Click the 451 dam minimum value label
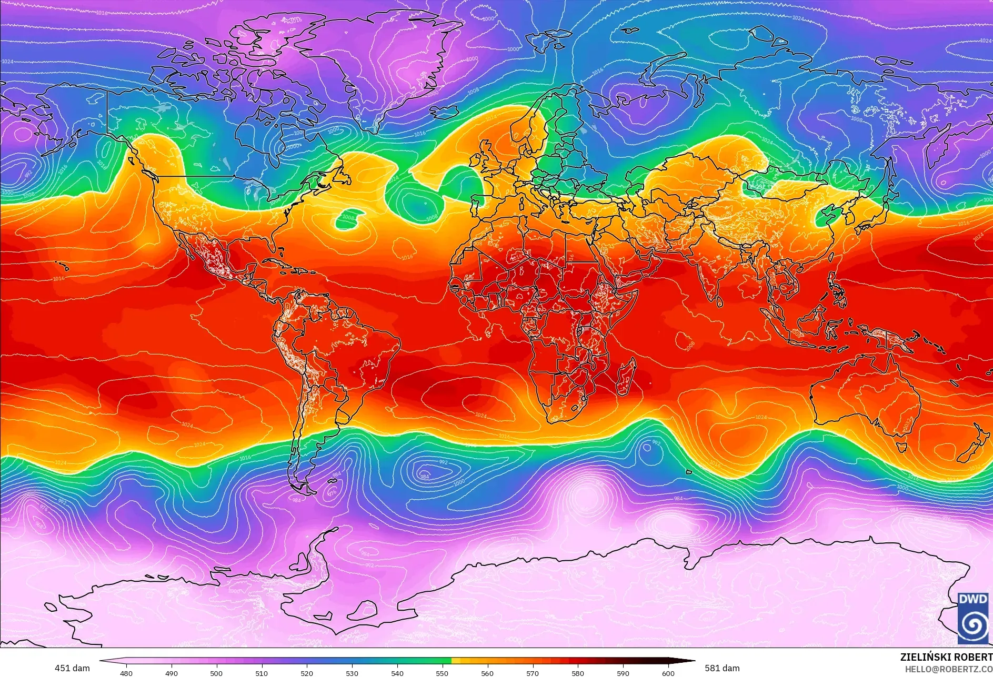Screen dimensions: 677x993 72,668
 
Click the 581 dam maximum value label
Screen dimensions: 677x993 722,668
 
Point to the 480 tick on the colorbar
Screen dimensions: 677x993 126,673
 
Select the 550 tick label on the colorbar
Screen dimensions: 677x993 442,673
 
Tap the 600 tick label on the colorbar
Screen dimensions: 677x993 668,673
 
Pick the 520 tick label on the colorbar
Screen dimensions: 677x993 307,673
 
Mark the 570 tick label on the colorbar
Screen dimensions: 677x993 533,673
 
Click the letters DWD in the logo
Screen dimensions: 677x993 972,599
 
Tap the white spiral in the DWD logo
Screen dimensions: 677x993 972,624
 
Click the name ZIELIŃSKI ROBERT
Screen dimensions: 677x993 946,657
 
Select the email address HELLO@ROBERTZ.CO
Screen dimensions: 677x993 948,669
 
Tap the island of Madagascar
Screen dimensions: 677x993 626,377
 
